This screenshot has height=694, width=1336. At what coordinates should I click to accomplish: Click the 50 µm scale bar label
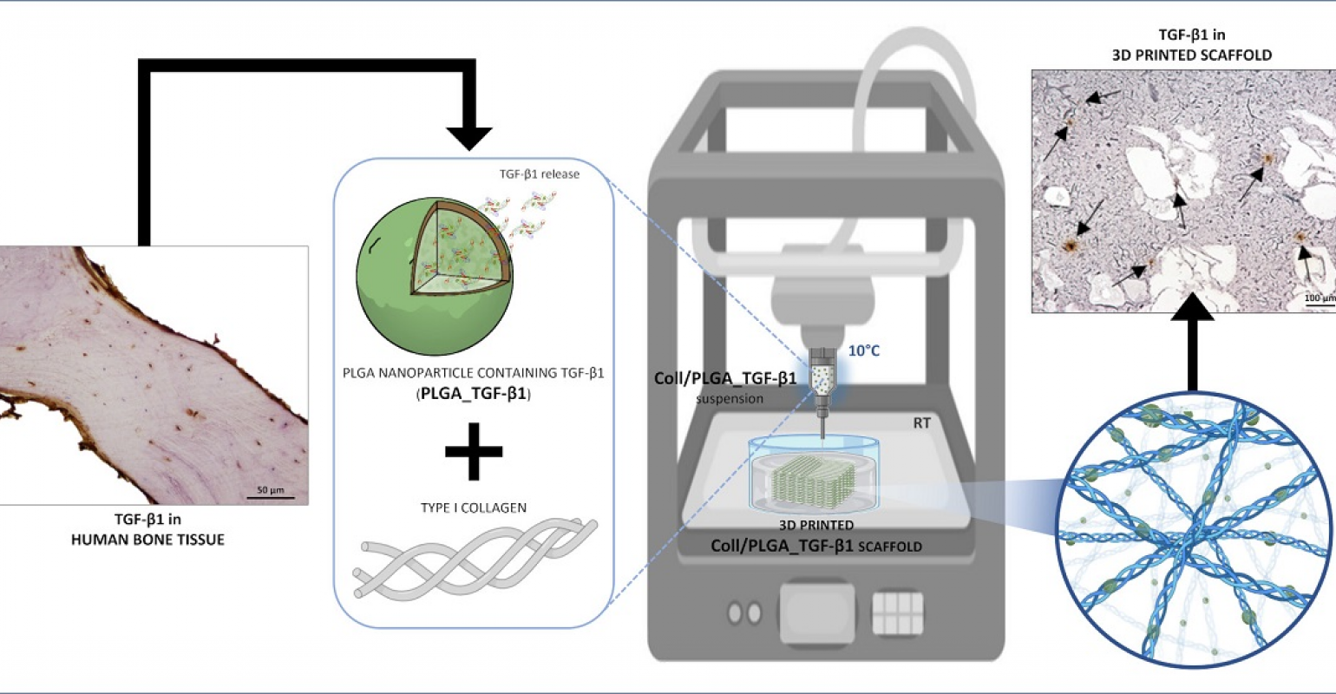point(271,490)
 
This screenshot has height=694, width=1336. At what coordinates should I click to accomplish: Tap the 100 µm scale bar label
point(1320,298)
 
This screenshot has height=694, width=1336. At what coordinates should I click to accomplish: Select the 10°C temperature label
point(864,350)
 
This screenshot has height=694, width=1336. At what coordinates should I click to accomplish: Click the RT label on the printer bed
point(921,423)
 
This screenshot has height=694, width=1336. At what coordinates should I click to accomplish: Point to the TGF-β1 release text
point(540,174)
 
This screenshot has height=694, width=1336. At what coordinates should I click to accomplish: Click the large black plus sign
point(474,451)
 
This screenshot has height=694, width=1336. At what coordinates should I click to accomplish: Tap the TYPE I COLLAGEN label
point(474,508)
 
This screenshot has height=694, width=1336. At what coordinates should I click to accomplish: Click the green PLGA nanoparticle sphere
point(435,277)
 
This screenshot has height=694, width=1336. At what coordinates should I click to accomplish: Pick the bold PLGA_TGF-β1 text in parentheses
point(474,394)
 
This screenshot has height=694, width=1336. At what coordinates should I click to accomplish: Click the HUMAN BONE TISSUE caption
point(147,540)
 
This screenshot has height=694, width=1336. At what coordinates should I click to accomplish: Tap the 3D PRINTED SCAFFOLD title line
point(1192,56)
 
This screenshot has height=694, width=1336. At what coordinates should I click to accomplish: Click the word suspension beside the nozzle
point(730,398)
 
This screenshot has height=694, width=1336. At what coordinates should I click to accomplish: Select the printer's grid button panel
point(898,613)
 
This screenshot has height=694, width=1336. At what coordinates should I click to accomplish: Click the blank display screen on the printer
point(817,612)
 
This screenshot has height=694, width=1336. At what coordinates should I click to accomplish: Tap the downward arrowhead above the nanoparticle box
point(469,138)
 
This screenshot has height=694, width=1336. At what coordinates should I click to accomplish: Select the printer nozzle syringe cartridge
point(822,382)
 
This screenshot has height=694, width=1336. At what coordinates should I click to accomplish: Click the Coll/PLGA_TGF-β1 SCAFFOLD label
point(815,547)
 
